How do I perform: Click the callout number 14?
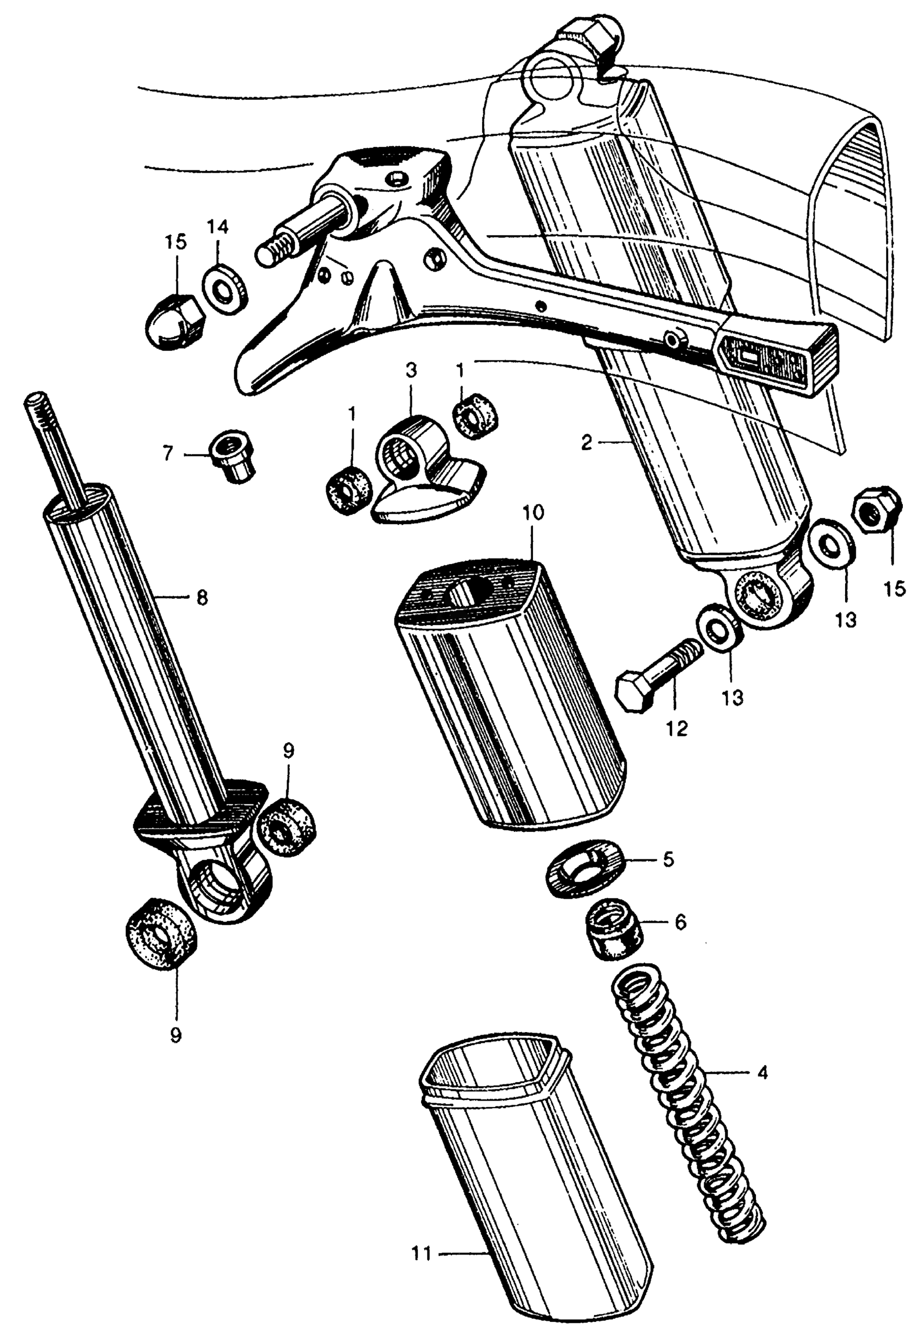tap(219, 227)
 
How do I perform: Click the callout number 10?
tap(533, 513)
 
